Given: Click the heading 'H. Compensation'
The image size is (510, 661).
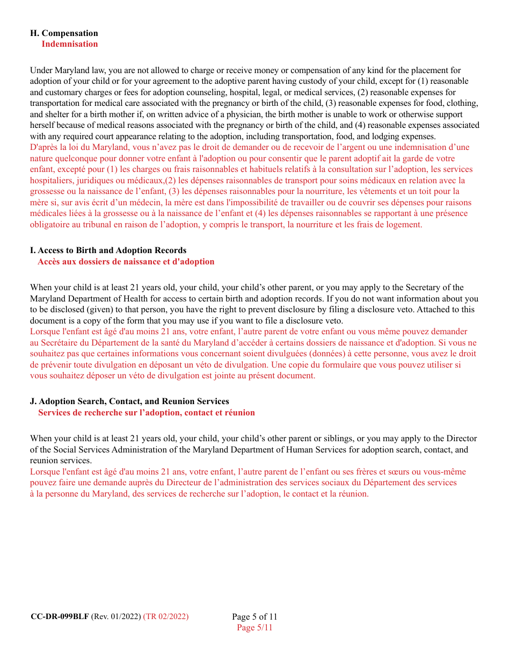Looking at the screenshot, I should [x=64, y=33].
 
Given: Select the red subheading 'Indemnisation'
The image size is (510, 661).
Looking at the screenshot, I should [x=70, y=44].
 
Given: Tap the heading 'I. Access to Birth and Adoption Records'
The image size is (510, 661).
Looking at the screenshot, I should [x=108, y=250].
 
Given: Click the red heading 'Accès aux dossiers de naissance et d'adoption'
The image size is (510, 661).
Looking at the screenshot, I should [x=126, y=262].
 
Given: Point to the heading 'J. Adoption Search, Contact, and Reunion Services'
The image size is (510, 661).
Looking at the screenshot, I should [x=129, y=401].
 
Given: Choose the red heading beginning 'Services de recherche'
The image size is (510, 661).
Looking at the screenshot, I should [x=147, y=413].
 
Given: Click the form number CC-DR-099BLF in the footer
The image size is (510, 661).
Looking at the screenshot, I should [x=60, y=616].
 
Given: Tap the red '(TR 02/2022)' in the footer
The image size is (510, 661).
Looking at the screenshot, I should [x=166, y=616].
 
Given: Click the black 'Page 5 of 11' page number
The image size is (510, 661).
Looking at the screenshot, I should [x=254, y=616].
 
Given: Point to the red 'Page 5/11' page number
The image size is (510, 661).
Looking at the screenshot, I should [x=254, y=628].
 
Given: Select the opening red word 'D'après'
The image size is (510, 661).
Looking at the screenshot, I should [x=42, y=147].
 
